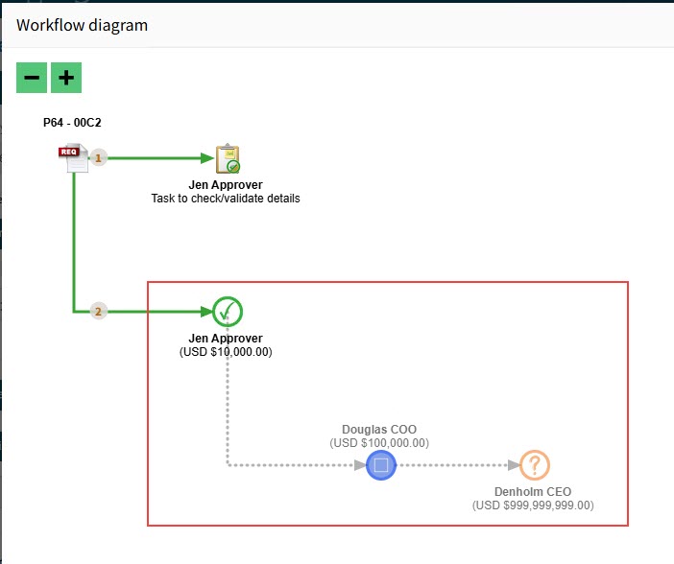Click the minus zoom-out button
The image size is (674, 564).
coord(32,78)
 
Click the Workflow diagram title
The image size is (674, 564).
coord(83,25)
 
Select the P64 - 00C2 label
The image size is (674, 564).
coord(72,124)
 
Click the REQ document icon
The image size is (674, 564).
coord(73,157)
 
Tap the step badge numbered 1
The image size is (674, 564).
coord(98,158)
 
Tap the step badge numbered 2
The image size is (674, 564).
coord(98,311)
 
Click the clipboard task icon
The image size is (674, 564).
coord(227,158)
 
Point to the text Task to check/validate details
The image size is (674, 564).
coord(226,199)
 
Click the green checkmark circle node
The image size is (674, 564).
coord(227,311)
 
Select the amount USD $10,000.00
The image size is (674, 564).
coord(226,352)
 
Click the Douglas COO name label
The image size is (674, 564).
coord(379,430)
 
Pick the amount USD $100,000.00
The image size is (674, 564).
coord(379,443)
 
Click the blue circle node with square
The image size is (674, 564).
coord(380,466)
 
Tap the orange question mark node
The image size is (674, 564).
coord(534,466)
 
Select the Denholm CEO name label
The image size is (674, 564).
coord(533,491)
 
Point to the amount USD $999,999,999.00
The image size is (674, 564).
coord(533,505)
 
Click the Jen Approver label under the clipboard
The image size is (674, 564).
coord(226,184)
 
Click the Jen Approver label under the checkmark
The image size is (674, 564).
coord(226,339)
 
